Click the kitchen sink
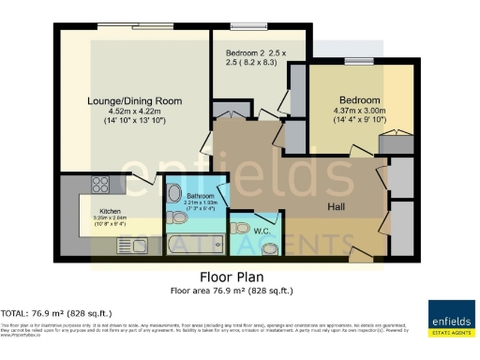(127, 246)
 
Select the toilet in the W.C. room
(270, 248)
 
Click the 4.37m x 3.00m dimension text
(359, 116)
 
